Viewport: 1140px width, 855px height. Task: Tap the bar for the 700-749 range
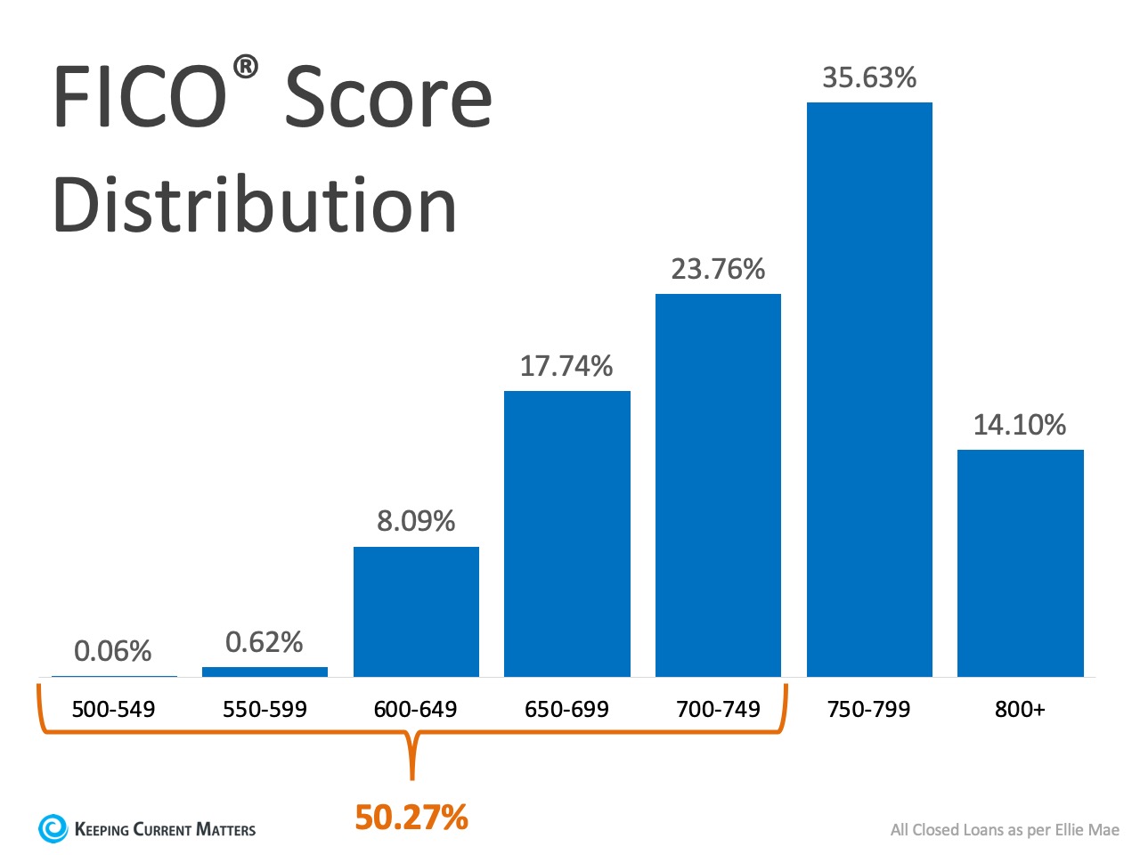[718, 485]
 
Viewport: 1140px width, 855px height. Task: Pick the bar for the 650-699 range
[566, 533]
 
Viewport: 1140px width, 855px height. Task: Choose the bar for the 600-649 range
[416, 612]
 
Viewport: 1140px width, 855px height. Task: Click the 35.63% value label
[869, 78]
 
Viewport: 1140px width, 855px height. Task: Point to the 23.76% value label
[718, 269]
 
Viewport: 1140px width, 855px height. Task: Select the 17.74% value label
[566, 366]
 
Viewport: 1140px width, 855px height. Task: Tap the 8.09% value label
[416, 521]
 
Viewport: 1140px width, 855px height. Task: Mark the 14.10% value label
[1020, 425]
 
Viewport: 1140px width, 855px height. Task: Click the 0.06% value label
[113, 651]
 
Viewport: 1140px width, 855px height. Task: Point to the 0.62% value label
[265, 642]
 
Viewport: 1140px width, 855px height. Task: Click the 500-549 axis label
[113, 710]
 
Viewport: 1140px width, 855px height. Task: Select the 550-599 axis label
[265, 710]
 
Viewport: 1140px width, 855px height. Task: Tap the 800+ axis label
[1020, 710]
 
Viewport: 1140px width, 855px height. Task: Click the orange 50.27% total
[411, 818]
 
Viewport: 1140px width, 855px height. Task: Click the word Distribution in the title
[256, 205]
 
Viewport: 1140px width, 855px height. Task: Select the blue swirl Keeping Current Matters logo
[53, 828]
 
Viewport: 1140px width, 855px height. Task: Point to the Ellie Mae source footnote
[1005, 830]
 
